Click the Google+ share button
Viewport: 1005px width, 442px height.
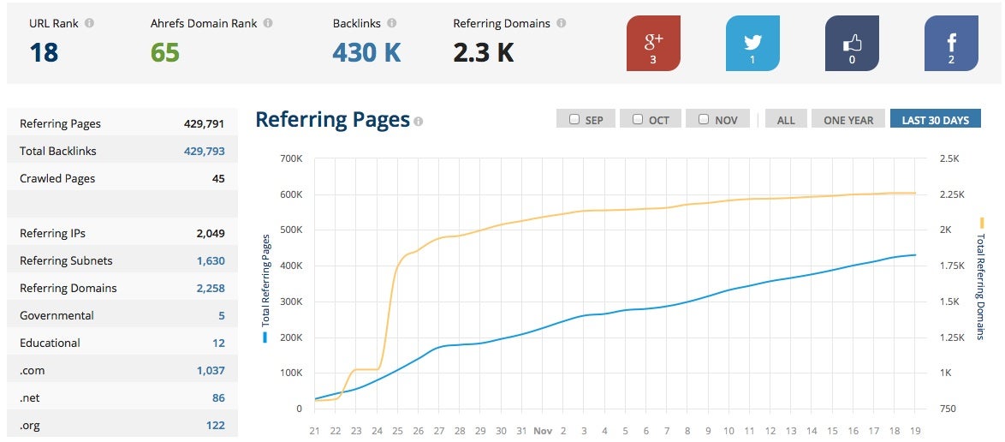point(653,43)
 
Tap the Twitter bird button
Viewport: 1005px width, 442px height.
point(752,43)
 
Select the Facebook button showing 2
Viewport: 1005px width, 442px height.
point(951,43)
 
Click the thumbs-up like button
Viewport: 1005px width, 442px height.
point(852,43)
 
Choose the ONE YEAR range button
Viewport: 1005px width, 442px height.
point(847,120)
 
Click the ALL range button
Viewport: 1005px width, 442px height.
point(785,120)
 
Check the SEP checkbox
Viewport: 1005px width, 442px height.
point(574,119)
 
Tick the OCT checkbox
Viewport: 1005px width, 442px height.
point(638,119)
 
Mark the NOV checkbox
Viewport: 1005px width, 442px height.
point(704,119)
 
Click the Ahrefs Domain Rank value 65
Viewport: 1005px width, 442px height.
point(165,53)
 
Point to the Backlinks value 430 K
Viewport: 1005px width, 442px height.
point(366,53)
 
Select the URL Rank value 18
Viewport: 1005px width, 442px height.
point(44,53)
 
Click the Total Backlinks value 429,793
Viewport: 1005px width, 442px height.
point(204,151)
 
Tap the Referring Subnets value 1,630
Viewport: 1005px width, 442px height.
point(210,260)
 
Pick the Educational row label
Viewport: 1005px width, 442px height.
point(50,343)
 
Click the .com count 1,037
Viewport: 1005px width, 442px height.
point(210,370)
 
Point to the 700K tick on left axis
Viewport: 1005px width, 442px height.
point(289,158)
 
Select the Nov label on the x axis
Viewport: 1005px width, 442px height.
point(543,431)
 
